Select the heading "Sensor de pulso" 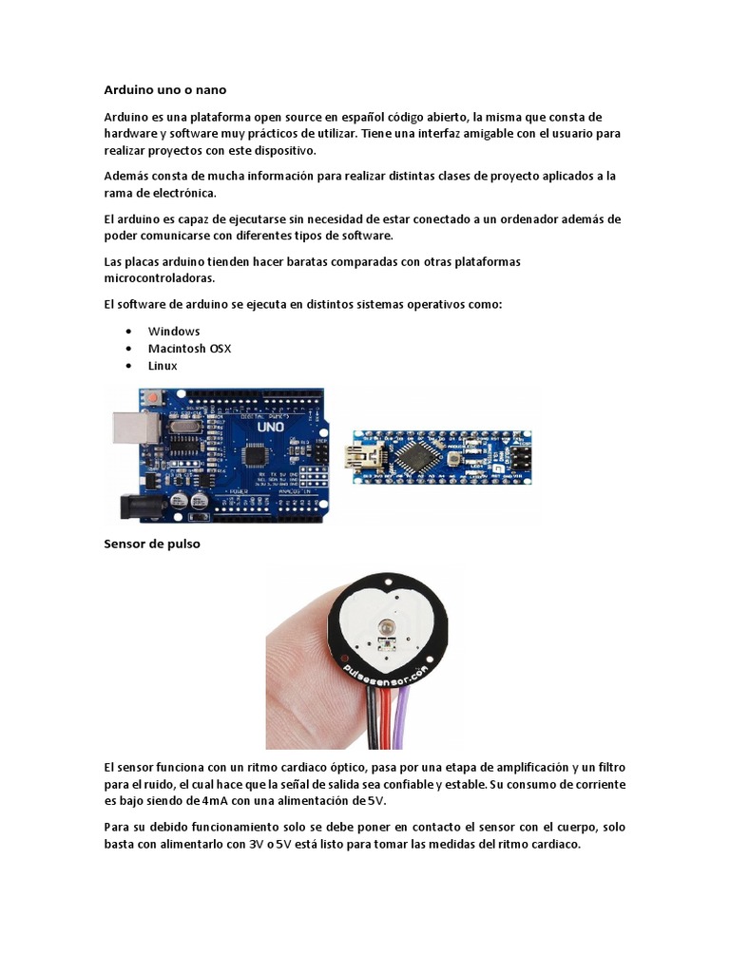152,544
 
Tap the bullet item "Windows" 174,331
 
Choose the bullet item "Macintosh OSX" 189,348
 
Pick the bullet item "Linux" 163,365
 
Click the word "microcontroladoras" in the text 160,278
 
